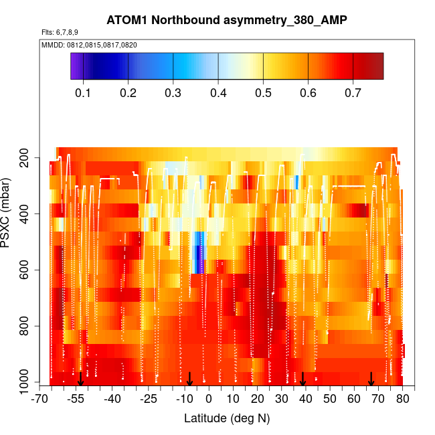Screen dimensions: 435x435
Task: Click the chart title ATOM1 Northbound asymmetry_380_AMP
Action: click(x=217, y=20)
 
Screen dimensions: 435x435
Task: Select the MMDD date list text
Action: click(x=90, y=45)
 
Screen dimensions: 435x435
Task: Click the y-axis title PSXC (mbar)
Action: click(x=8, y=214)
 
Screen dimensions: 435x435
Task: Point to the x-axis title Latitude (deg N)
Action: click(x=227, y=418)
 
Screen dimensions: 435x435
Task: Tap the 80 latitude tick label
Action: click(x=402, y=400)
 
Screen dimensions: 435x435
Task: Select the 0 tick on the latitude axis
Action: click(x=208, y=400)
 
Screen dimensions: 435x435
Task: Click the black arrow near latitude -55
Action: click(x=80, y=379)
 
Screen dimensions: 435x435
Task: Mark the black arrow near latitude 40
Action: click(x=303, y=379)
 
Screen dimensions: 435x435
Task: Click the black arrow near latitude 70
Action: click(x=371, y=379)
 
